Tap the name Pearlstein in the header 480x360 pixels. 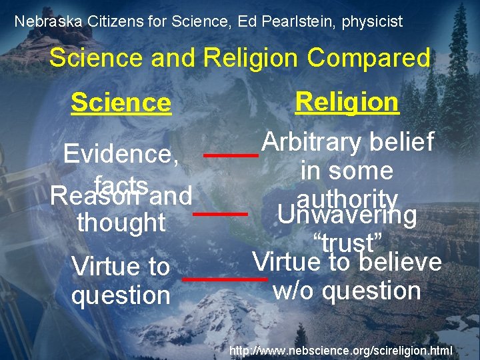299,21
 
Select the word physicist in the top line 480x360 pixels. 372,21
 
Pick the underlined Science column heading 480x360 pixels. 121,103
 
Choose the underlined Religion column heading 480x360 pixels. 347,102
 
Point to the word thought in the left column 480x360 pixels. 121,222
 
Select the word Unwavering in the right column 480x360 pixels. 347,215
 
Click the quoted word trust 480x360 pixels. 347,241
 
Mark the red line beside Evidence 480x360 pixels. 231,155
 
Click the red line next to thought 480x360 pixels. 220,214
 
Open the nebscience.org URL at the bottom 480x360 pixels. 341,350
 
